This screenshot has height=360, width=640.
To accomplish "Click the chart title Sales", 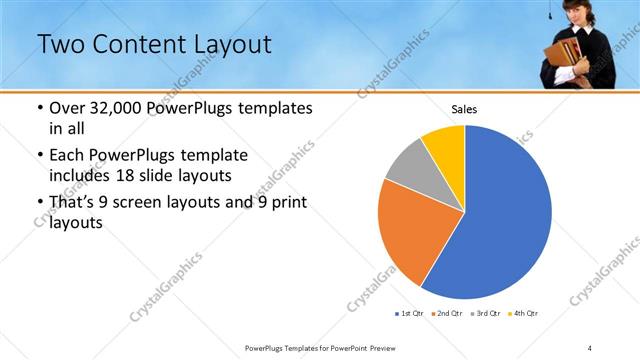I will click(x=464, y=109).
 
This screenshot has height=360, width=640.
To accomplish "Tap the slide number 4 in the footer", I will click(x=589, y=348).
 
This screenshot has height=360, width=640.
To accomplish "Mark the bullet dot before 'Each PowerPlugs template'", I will click(x=39, y=156).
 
